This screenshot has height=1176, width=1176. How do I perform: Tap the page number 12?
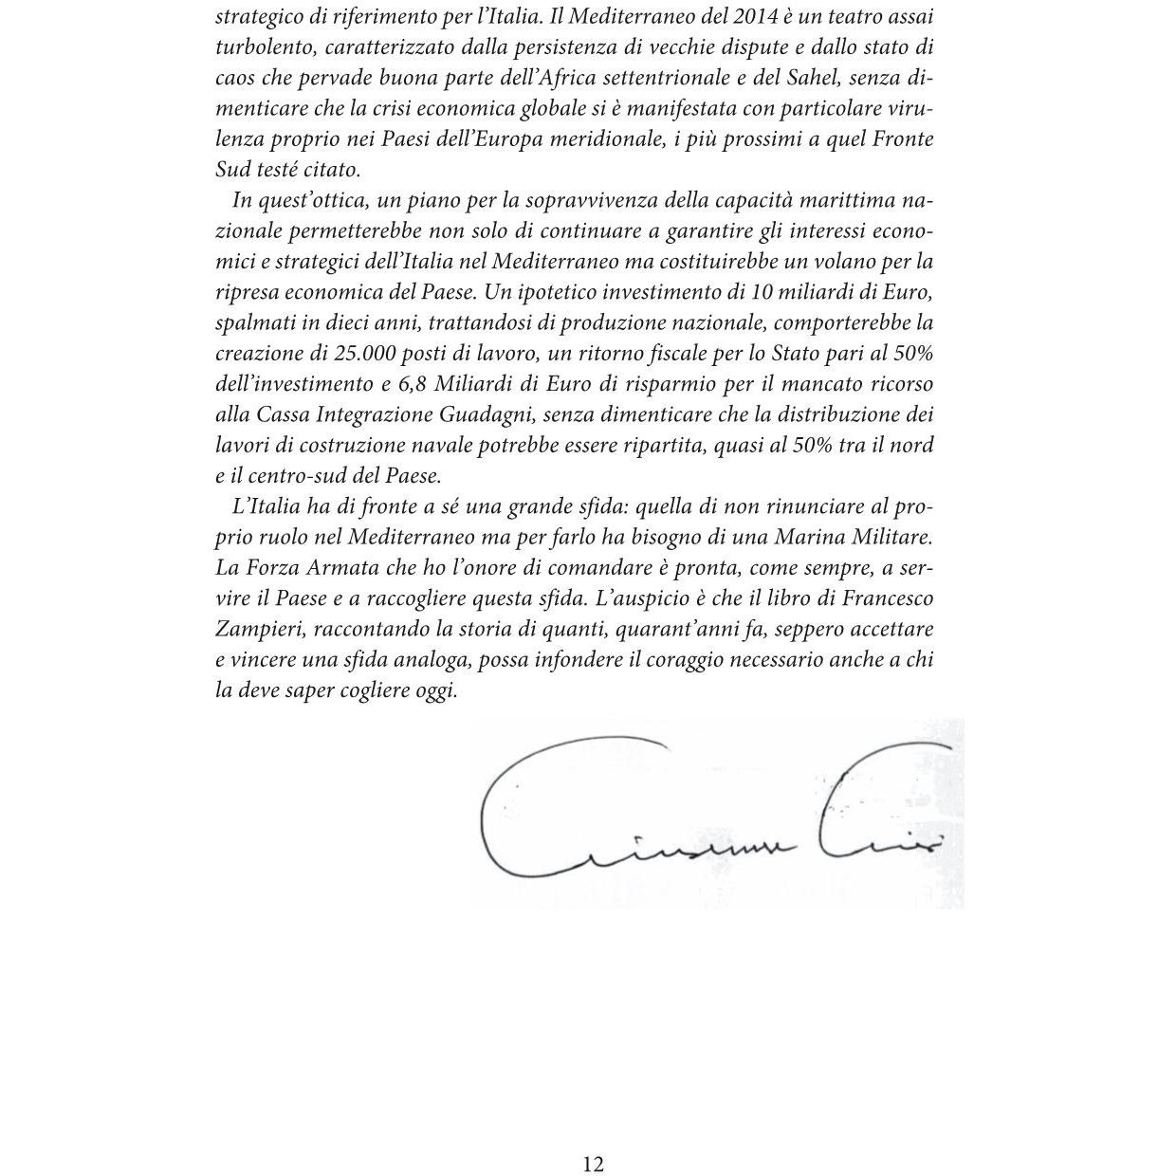pyautogui.click(x=593, y=1165)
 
